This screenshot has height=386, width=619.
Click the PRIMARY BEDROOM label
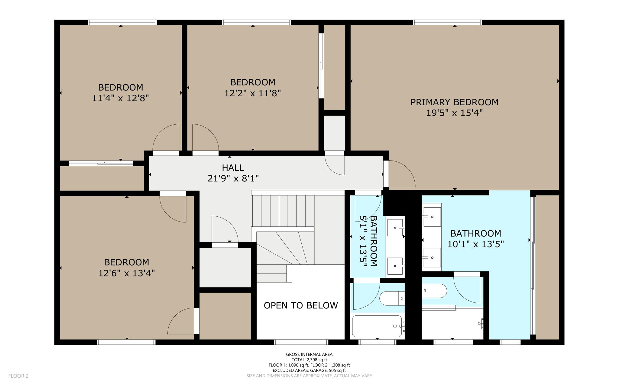coord(454,102)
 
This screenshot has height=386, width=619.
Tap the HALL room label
coord(233,167)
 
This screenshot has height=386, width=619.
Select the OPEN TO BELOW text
coord(301,305)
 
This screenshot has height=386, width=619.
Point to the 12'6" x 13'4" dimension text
coord(127,273)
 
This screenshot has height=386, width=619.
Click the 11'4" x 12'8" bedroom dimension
coord(121,98)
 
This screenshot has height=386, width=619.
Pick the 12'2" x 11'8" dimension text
coord(253,93)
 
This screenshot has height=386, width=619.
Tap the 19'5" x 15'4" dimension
coord(454,113)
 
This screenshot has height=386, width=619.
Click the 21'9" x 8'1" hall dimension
coord(233,178)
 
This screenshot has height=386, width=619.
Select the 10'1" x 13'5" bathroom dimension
coord(475,244)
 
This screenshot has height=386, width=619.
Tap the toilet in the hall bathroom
coord(392,298)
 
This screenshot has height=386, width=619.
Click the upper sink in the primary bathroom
coord(432,217)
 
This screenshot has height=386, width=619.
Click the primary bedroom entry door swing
coord(402,174)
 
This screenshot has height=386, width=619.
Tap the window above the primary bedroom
coord(447,22)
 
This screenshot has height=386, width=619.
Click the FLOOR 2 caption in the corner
coord(18,376)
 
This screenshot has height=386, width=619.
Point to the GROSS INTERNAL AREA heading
coord(309,354)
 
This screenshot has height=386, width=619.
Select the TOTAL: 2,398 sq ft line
coord(309,360)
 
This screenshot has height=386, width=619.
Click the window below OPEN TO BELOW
coord(301,342)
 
